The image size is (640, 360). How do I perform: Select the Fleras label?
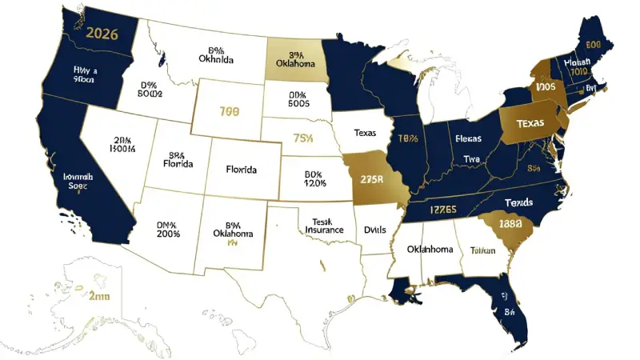point(467,137)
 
